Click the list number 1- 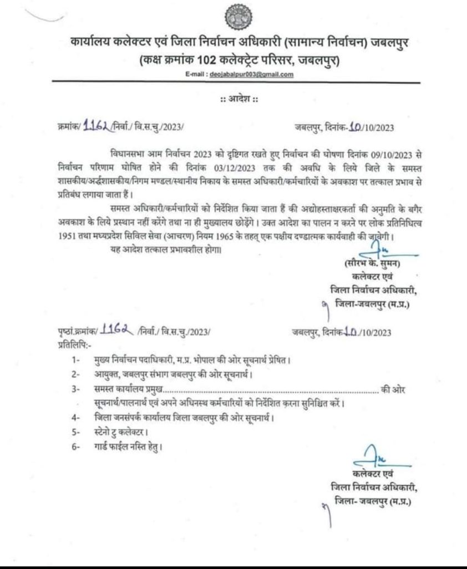[x=77, y=360]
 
